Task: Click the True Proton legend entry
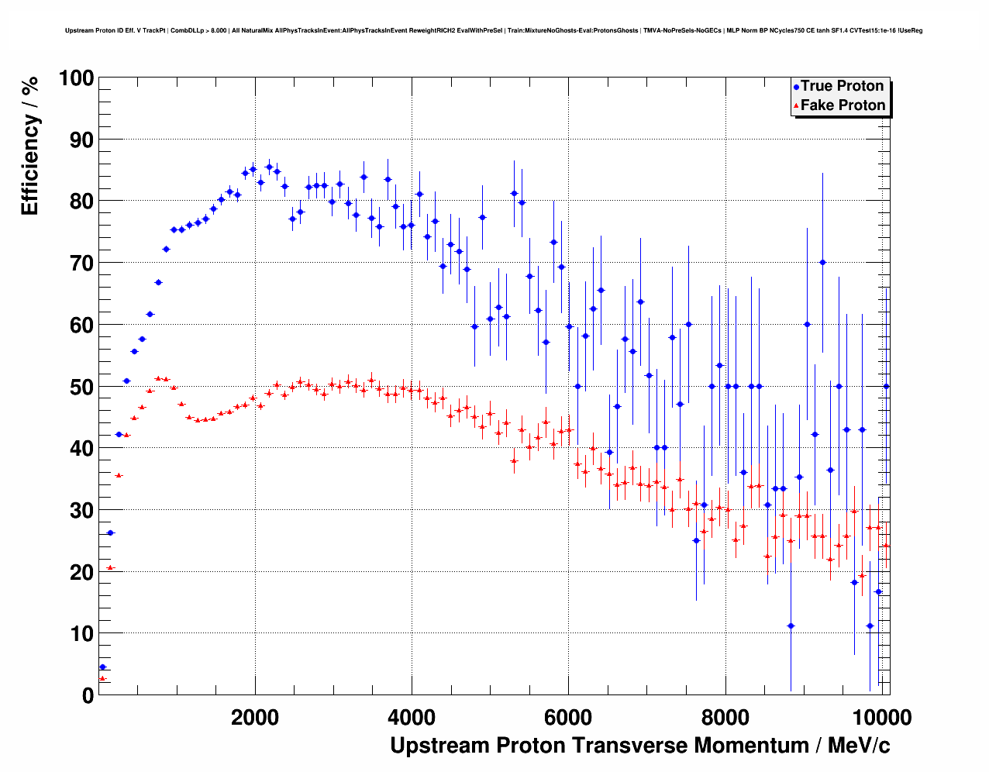(x=842, y=86)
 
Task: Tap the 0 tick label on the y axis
(x=88, y=695)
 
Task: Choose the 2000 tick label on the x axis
(x=255, y=717)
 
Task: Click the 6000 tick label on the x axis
(x=568, y=717)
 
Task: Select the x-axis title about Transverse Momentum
(x=639, y=746)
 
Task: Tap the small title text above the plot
(x=494, y=31)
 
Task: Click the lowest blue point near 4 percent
(x=102, y=667)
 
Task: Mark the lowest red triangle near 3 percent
(x=102, y=678)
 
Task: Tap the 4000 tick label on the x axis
(x=412, y=717)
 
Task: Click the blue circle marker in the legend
(x=796, y=87)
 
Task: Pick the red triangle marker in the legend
(x=796, y=106)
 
